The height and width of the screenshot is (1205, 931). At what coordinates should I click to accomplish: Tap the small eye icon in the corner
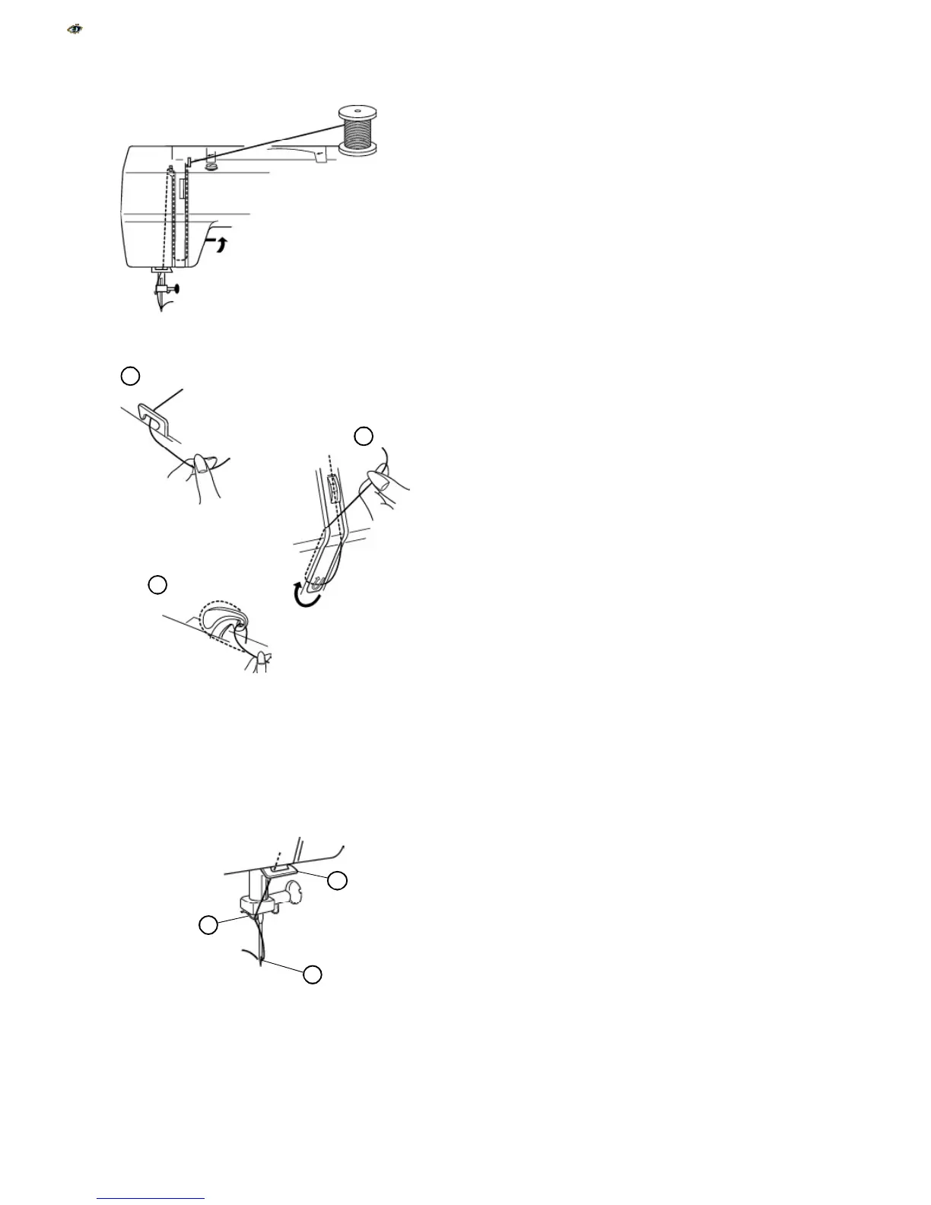(x=75, y=30)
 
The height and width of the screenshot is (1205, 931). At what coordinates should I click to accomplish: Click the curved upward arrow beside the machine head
(x=220, y=245)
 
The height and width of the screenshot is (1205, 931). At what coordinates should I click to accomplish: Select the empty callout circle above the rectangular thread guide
(x=131, y=375)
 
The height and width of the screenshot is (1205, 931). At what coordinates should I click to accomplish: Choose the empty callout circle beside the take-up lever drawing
(x=364, y=436)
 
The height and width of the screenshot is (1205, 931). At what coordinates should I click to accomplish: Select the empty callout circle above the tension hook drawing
(x=157, y=584)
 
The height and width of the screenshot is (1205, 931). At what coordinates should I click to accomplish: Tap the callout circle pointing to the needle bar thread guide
(x=337, y=880)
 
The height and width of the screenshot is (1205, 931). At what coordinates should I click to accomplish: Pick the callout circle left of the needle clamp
(x=207, y=925)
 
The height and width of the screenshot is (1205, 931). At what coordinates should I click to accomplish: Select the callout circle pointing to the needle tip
(x=312, y=974)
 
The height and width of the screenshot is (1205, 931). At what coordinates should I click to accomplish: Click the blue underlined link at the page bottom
(x=151, y=1198)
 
